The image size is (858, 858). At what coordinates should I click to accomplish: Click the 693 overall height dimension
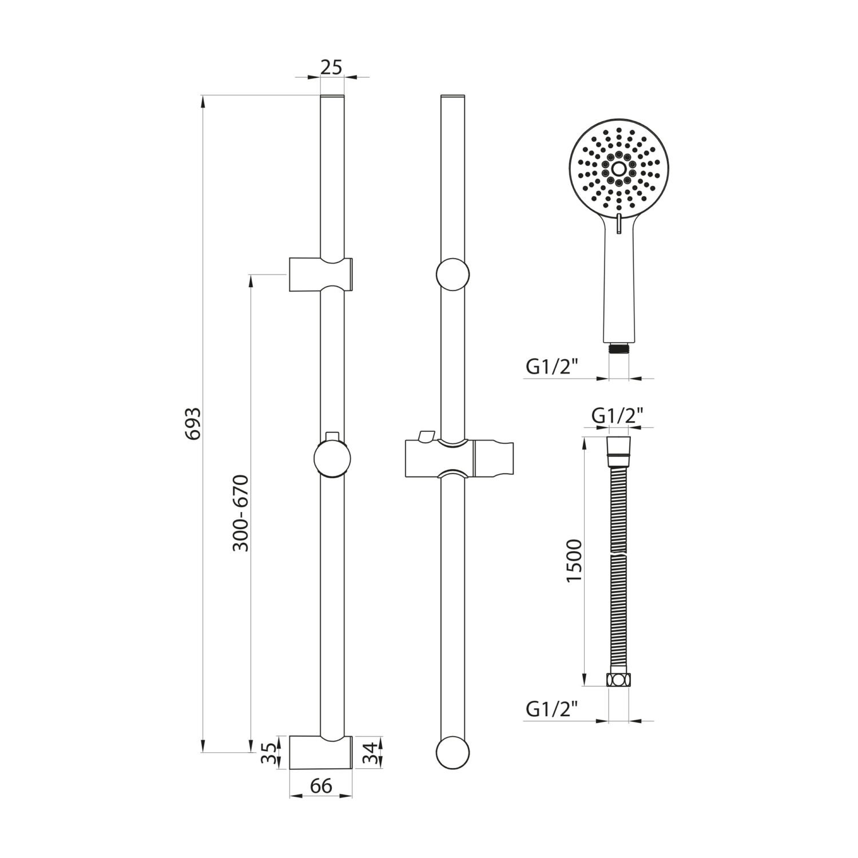tap(196, 423)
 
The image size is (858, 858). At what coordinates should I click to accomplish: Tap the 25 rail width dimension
tap(331, 67)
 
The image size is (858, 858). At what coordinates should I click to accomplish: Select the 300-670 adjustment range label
tap(241, 513)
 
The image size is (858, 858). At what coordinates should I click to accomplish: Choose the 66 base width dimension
tap(321, 786)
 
